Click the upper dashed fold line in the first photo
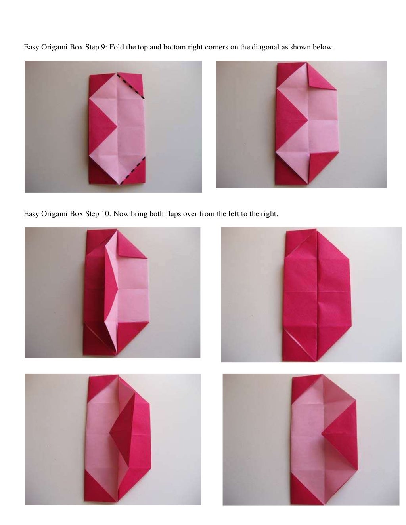pyautogui.click(x=131, y=85)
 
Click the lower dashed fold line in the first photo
pyautogui.click(x=133, y=170)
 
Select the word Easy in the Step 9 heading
pyautogui.click(x=31, y=48)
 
